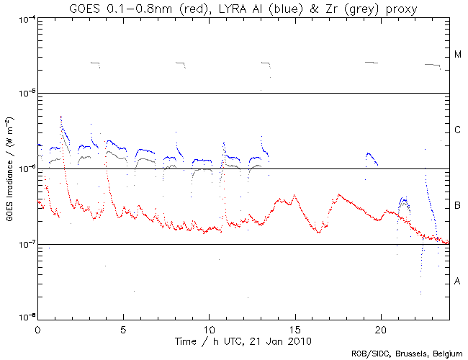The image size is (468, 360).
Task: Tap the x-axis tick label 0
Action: click(37, 328)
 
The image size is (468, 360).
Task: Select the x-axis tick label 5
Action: click(123, 328)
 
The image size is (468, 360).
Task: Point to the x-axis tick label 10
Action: click(209, 328)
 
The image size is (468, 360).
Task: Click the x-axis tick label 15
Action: click(294, 328)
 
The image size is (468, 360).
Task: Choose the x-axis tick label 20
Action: click(380, 328)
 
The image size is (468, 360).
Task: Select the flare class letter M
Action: click(457, 55)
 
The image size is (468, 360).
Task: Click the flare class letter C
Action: click(457, 130)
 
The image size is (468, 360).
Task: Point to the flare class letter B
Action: click(457, 207)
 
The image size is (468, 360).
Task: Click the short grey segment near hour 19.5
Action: click(372, 63)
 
